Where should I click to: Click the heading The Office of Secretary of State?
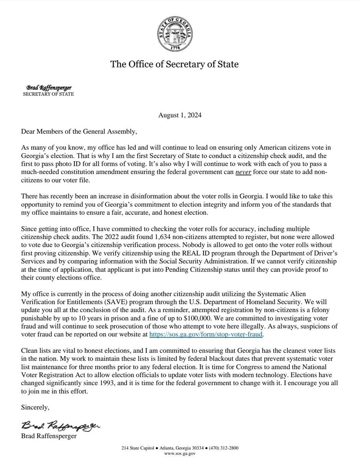coord(174,64)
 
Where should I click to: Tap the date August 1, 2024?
coord(180,115)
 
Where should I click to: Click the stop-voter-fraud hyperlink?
coord(206,334)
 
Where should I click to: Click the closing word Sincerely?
coord(35,407)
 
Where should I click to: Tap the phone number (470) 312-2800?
coord(224,448)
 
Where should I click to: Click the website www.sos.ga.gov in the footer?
coord(180,454)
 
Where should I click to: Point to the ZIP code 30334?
coord(198,448)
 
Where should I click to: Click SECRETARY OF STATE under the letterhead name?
coord(48,94)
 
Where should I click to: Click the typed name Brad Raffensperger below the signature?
coord(49,436)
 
